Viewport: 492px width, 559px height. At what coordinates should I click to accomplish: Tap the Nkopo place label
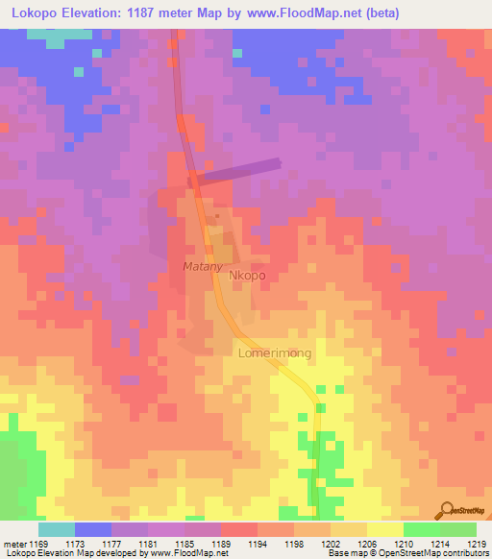point(247,276)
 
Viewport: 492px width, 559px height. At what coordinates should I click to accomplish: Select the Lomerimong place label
point(274,353)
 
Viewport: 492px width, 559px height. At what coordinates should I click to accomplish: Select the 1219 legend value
point(477,544)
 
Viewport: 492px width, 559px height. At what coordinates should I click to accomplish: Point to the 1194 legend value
point(258,544)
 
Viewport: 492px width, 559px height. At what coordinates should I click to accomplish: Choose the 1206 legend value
point(367,544)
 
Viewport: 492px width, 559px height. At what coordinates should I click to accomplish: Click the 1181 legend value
point(148,544)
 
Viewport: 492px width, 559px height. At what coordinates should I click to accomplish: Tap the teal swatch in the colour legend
point(56,529)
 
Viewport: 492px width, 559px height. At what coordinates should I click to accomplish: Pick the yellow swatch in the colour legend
point(384,529)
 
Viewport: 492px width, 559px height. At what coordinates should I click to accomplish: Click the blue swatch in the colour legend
point(92,529)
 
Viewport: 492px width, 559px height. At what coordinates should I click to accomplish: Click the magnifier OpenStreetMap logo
point(447,508)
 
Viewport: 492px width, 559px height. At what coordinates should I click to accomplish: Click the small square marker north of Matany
point(216,218)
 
